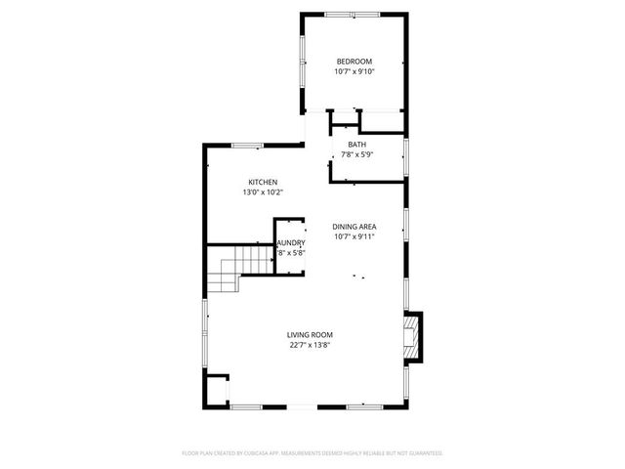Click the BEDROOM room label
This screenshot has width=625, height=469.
[x=354, y=61]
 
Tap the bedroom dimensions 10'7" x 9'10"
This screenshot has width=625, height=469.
[x=354, y=71]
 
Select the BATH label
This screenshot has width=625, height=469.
[x=356, y=145]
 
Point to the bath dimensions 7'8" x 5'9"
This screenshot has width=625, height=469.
[x=356, y=155]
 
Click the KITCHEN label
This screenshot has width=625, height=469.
[x=263, y=183]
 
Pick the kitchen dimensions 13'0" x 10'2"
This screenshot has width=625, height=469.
[x=263, y=193]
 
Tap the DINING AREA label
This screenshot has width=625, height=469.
[x=354, y=226]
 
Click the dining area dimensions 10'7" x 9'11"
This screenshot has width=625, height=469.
[x=354, y=236]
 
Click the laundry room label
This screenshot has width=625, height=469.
[x=291, y=243]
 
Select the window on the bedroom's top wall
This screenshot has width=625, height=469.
[x=354, y=14]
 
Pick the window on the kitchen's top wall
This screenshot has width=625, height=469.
[x=246, y=146]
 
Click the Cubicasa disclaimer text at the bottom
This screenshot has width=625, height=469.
[x=312, y=452]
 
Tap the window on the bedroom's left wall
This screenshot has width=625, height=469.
[x=302, y=64]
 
